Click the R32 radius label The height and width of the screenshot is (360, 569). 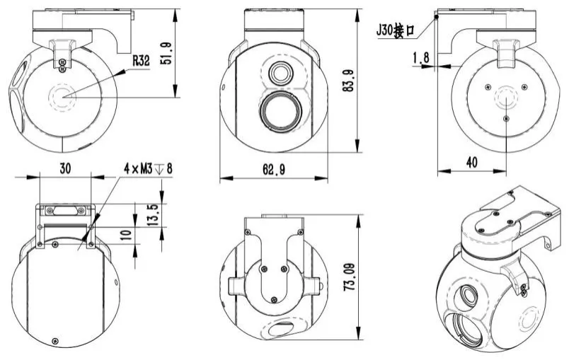[140, 62]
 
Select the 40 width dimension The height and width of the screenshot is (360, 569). [471, 162]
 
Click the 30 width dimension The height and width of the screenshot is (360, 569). [65, 169]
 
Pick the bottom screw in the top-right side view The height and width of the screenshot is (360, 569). [505, 119]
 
